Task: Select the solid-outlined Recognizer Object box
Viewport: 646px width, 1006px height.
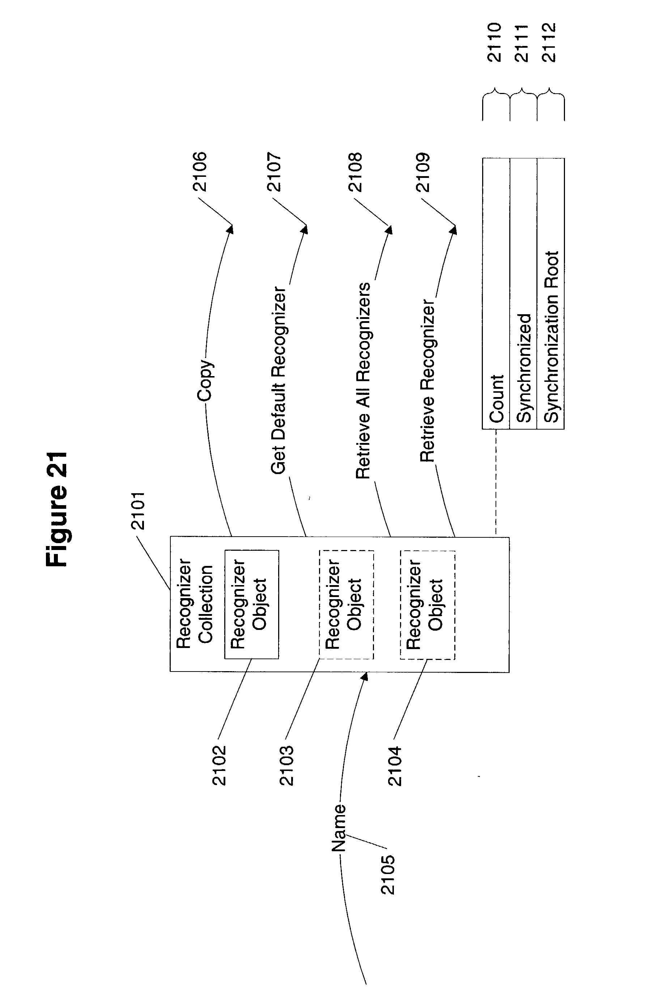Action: (x=252, y=604)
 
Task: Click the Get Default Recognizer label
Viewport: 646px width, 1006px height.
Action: (x=278, y=380)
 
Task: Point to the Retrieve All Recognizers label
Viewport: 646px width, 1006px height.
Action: (x=363, y=381)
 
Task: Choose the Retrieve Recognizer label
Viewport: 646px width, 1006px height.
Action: (x=428, y=381)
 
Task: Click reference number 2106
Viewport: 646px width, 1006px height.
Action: (x=200, y=172)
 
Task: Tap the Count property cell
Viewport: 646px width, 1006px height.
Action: (x=496, y=294)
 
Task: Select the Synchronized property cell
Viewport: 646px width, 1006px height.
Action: (x=523, y=294)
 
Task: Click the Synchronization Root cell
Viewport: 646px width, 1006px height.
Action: (x=551, y=294)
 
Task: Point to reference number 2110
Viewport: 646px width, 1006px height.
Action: (x=494, y=42)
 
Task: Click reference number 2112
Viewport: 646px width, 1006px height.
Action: (x=549, y=42)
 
